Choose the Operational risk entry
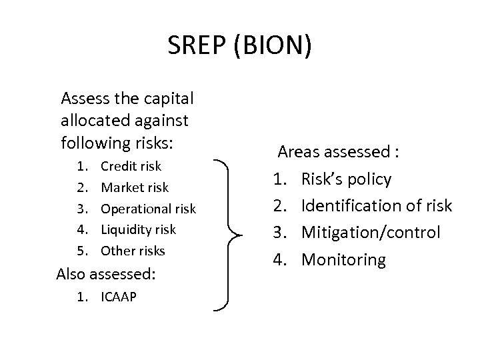148,209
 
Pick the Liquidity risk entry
138,229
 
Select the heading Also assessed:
106,274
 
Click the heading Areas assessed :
339,153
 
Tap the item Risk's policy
346,179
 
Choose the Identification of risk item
377,206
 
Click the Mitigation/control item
371,233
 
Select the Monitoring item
343,259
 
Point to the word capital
168,99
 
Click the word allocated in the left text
90,121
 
